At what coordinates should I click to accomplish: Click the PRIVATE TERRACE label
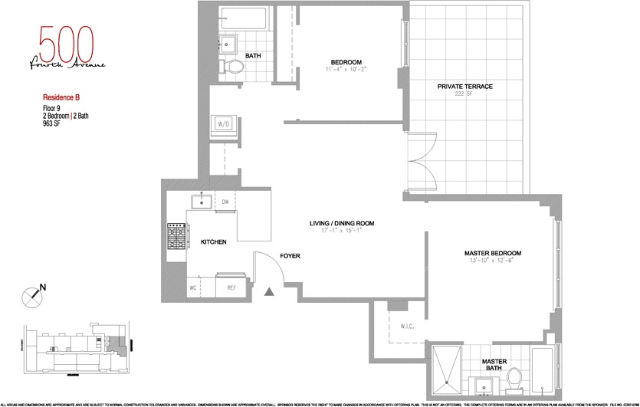pos(464,87)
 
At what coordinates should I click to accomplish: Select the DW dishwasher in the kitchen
pos(226,202)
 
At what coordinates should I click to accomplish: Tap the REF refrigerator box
pos(231,288)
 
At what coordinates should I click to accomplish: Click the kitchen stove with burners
pos(177,235)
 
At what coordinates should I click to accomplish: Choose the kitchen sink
pos(202,202)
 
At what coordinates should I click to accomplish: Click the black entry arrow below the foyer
pos(269,291)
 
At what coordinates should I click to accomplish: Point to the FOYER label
pos(289,256)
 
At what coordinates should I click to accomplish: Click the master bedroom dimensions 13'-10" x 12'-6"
pos(492,261)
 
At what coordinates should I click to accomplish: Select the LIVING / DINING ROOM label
pos(341,224)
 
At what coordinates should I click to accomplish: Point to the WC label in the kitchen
pos(193,288)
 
